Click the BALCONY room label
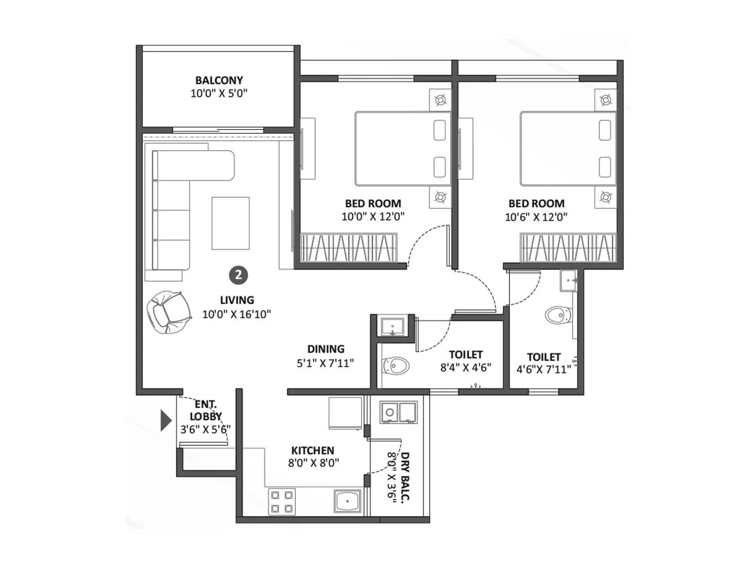click(219, 80)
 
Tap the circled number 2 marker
click(238, 275)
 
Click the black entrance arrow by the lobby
click(165, 421)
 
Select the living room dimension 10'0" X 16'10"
click(236, 314)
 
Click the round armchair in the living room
click(168, 312)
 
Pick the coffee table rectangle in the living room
click(231, 223)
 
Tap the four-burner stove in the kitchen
click(282, 502)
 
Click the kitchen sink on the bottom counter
click(347, 501)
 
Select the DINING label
click(326, 349)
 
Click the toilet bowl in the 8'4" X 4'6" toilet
click(396, 365)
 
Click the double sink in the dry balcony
click(399, 412)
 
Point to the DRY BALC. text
click(405, 476)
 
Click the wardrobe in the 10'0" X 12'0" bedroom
click(349, 247)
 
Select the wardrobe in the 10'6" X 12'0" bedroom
click(568, 247)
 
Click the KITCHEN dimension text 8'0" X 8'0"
click(313, 463)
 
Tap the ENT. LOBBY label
click(206, 410)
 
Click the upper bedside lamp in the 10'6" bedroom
click(605, 100)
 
